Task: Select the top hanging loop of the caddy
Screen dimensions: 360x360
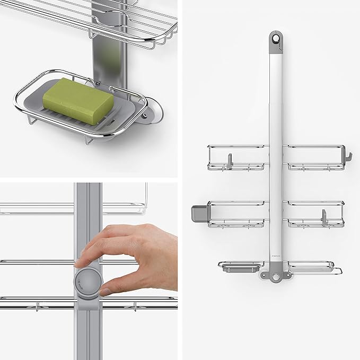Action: (275, 39)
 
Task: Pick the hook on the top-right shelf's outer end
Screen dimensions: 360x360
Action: (348, 157)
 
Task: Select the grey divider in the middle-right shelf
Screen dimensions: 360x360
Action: (322, 217)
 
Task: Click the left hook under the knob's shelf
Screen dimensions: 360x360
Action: (38, 306)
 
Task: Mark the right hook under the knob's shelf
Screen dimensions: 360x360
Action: (136, 306)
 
